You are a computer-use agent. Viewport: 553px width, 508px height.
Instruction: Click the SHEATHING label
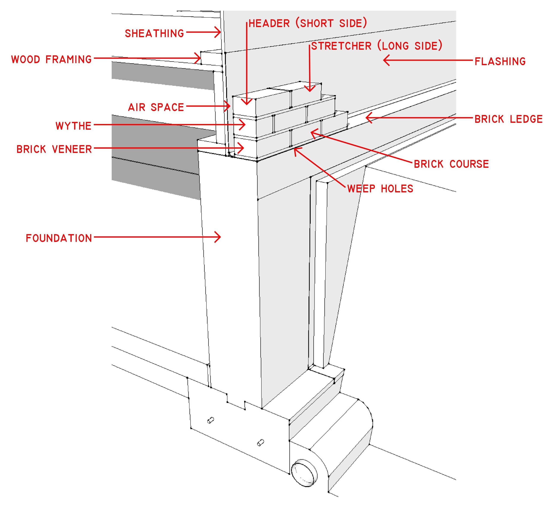pyautogui.click(x=154, y=34)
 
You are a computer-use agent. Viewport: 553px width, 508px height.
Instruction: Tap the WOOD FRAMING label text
pyautogui.click(x=51, y=59)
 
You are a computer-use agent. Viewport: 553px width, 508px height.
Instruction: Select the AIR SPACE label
pyautogui.click(x=156, y=107)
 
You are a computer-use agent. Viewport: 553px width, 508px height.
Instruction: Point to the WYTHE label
pyautogui.click(x=73, y=126)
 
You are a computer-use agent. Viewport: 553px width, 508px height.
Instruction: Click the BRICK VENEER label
pyautogui.click(x=54, y=149)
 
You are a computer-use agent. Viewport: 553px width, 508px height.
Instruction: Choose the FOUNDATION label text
pyautogui.click(x=59, y=238)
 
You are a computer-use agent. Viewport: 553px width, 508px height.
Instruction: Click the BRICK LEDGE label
pyautogui.click(x=509, y=119)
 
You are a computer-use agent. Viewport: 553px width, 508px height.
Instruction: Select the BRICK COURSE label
pyautogui.click(x=451, y=164)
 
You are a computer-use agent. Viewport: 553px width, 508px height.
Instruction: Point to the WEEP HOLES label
pyautogui.click(x=380, y=189)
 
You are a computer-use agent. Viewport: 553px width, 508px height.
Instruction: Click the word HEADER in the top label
pyautogui.click(x=269, y=23)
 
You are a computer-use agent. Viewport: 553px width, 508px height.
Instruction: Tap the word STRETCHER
pyautogui.click(x=341, y=46)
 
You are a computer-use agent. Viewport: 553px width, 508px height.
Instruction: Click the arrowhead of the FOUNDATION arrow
pyautogui.click(x=219, y=237)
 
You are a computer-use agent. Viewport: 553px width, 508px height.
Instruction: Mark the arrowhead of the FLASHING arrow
pyautogui.click(x=385, y=60)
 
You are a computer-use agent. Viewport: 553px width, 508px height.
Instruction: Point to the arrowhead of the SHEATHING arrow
pyautogui.click(x=219, y=32)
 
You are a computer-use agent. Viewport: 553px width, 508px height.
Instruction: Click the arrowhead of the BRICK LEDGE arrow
pyautogui.click(x=367, y=118)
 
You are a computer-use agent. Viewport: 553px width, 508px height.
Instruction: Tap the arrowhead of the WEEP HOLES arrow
pyautogui.click(x=296, y=150)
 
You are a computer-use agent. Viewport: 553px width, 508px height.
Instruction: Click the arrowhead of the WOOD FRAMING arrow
pyautogui.click(x=199, y=58)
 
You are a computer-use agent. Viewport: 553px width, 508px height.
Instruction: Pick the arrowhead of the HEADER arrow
pyautogui.click(x=247, y=103)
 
